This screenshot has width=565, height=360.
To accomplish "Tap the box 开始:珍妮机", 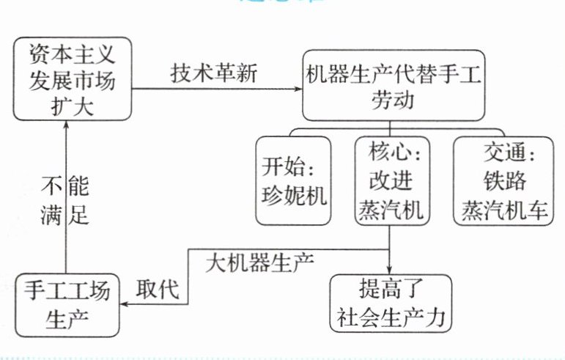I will pyautogui.click(x=292, y=181).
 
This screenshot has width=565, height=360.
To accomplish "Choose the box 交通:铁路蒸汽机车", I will pyautogui.click(x=504, y=180).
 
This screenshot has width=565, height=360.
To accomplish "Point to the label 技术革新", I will pyautogui.click(x=214, y=73).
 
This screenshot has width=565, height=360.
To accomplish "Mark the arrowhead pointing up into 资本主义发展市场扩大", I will pyautogui.click(x=66, y=124).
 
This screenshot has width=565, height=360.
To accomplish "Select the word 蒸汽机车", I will pyautogui.click(x=504, y=210).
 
